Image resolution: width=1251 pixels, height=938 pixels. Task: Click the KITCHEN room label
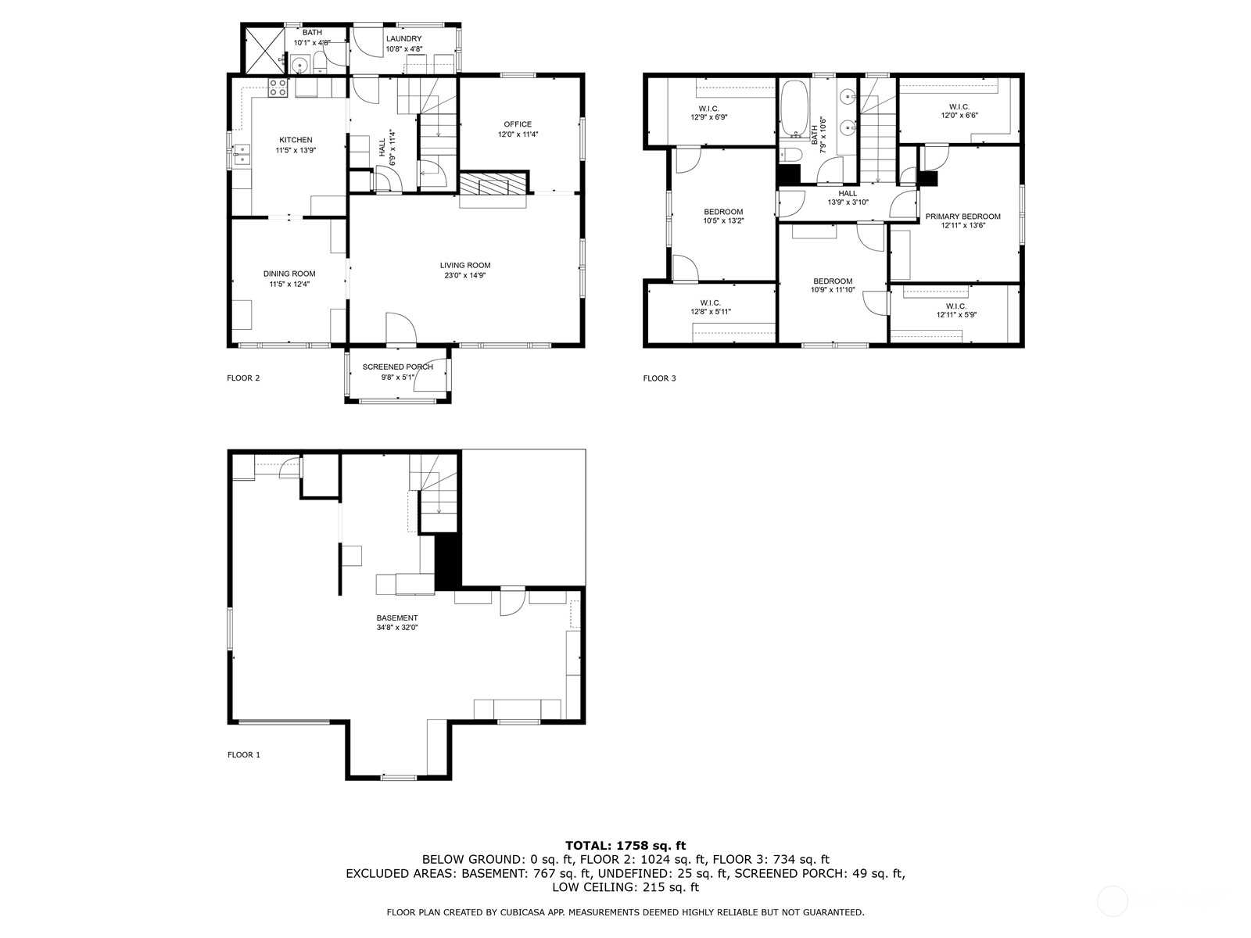click(296, 140)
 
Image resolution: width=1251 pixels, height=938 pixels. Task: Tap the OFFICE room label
click(517, 124)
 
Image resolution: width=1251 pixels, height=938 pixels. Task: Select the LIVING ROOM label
click(464, 266)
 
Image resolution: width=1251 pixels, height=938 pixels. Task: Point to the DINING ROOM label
click(289, 274)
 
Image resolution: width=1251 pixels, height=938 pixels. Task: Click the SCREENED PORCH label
click(397, 367)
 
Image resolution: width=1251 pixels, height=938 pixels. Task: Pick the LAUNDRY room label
click(403, 39)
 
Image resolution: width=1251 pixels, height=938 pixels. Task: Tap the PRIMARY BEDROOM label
click(962, 217)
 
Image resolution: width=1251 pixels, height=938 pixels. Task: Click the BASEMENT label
click(396, 618)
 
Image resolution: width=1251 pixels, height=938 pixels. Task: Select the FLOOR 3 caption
click(659, 378)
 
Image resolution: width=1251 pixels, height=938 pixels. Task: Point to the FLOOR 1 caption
click(243, 754)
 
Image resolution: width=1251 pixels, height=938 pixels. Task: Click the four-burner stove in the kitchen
click(278, 88)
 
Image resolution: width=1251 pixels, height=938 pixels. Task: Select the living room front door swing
click(401, 328)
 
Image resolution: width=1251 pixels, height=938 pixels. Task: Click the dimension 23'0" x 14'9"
click(464, 276)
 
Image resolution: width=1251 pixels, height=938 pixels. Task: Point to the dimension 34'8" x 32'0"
click(396, 628)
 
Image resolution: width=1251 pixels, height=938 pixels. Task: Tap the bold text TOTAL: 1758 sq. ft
click(625, 846)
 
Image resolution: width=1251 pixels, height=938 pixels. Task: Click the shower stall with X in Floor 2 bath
click(264, 50)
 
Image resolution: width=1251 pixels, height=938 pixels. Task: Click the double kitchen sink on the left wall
click(242, 154)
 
